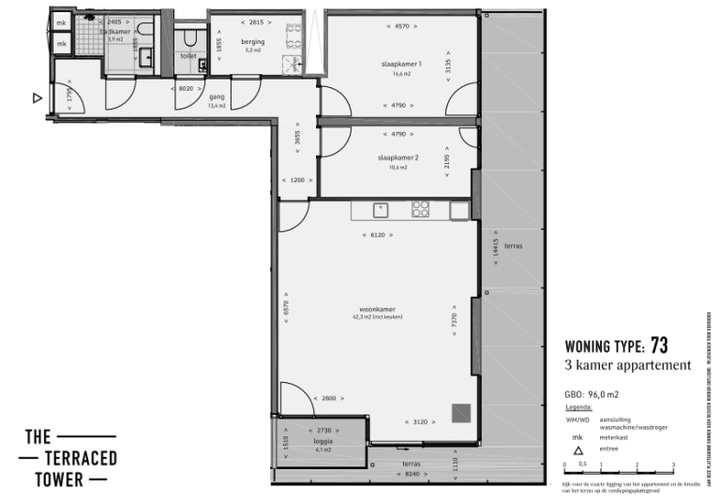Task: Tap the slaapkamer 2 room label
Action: click(397, 157)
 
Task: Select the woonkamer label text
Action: click(376, 308)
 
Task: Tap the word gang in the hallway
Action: click(217, 96)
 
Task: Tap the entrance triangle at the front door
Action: click(38, 96)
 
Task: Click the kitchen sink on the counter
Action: click(381, 211)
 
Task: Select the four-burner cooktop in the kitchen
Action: click(421, 211)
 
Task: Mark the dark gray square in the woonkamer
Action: click(459, 413)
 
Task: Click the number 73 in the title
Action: click(659, 345)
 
